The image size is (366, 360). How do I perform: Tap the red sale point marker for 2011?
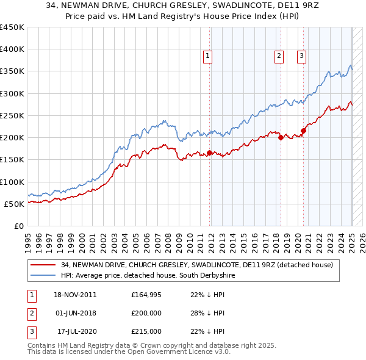tap(209, 153)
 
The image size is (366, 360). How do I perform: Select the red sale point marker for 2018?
tap(281, 137)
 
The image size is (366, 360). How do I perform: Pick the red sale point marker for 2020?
tap(303, 131)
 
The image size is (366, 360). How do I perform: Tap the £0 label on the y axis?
tap(19, 226)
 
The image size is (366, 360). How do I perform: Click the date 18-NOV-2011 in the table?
tap(75, 295)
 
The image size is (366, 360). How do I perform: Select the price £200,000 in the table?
tap(146, 313)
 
